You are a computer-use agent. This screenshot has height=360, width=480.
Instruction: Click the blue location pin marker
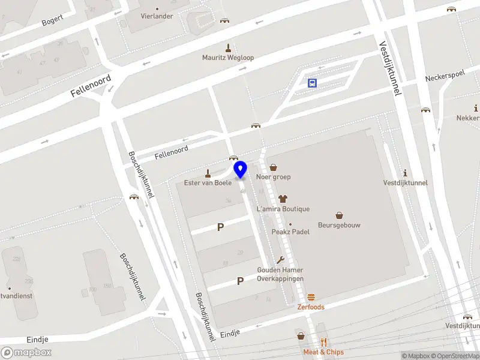[x=241, y=169]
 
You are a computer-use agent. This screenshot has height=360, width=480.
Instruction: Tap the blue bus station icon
[x=312, y=83]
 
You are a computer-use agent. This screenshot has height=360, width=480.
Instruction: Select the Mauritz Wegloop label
[x=228, y=58]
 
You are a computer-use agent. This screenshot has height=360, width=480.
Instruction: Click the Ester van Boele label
[x=208, y=182]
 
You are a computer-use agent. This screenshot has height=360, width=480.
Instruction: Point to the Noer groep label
[x=273, y=177]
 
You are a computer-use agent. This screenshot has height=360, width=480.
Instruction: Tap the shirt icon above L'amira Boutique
[x=283, y=198]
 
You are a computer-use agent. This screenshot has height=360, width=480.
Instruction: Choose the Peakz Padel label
[x=290, y=232]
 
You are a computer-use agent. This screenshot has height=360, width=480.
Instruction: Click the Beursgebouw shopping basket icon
[x=339, y=215]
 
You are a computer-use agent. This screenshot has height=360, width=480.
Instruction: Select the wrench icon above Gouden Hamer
[x=280, y=260]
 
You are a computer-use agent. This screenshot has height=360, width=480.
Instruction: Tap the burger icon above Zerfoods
[x=311, y=298]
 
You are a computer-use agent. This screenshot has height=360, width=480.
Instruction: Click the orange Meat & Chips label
[x=323, y=352]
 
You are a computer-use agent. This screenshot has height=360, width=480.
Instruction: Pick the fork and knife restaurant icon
[x=323, y=342]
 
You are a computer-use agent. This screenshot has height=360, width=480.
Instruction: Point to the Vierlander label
[x=157, y=16]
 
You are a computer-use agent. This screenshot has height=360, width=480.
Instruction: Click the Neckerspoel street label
[x=445, y=79]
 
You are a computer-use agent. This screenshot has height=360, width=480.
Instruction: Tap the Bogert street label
[x=52, y=22]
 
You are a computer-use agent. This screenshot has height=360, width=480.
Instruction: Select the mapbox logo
[x=26, y=353]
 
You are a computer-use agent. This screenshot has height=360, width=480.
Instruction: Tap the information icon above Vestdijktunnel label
[x=406, y=172]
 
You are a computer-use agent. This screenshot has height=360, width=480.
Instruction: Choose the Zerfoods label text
[x=311, y=307]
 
